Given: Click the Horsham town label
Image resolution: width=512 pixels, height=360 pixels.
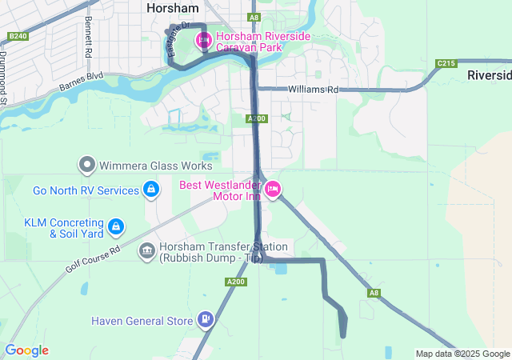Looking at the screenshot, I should click(x=172, y=7).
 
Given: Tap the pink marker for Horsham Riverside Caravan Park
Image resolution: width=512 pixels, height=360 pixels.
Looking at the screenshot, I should click(x=203, y=38).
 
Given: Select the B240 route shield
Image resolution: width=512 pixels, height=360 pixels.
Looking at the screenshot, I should click(x=18, y=36).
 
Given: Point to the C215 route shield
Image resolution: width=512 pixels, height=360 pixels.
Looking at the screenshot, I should click(x=446, y=63).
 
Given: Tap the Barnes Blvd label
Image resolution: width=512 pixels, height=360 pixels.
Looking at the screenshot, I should click(x=82, y=82).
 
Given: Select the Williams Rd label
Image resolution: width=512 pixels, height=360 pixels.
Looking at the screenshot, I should click(x=314, y=90).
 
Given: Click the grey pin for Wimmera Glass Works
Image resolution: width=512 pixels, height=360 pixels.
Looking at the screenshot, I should click(x=87, y=166).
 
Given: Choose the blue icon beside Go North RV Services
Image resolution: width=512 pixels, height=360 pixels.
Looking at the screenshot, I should click(x=150, y=190).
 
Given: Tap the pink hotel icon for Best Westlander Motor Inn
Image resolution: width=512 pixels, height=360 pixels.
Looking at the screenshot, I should click(x=272, y=190).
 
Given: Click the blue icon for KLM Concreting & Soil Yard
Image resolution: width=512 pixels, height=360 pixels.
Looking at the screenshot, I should click(x=116, y=227).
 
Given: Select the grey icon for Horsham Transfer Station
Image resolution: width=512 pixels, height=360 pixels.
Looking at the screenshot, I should click(x=147, y=251).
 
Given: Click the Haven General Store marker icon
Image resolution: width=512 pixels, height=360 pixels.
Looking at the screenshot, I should click(x=206, y=320).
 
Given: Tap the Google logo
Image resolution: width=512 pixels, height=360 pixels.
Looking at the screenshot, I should click(x=26, y=350).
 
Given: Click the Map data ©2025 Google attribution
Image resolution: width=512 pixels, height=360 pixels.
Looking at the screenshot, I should click(x=462, y=354).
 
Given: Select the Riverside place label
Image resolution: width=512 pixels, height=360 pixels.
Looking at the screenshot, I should click(x=489, y=75).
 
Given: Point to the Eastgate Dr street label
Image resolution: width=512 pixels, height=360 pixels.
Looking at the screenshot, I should click(x=178, y=39).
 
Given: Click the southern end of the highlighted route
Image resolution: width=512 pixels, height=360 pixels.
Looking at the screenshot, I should click(x=343, y=335).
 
